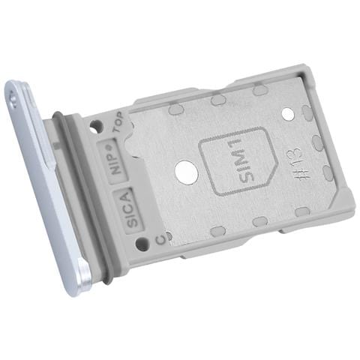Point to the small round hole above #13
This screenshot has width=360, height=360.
(289, 114)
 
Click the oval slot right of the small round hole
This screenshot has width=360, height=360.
(307, 113)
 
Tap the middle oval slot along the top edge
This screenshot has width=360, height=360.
(218, 99)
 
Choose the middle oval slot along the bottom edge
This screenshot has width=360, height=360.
(259, 221)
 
